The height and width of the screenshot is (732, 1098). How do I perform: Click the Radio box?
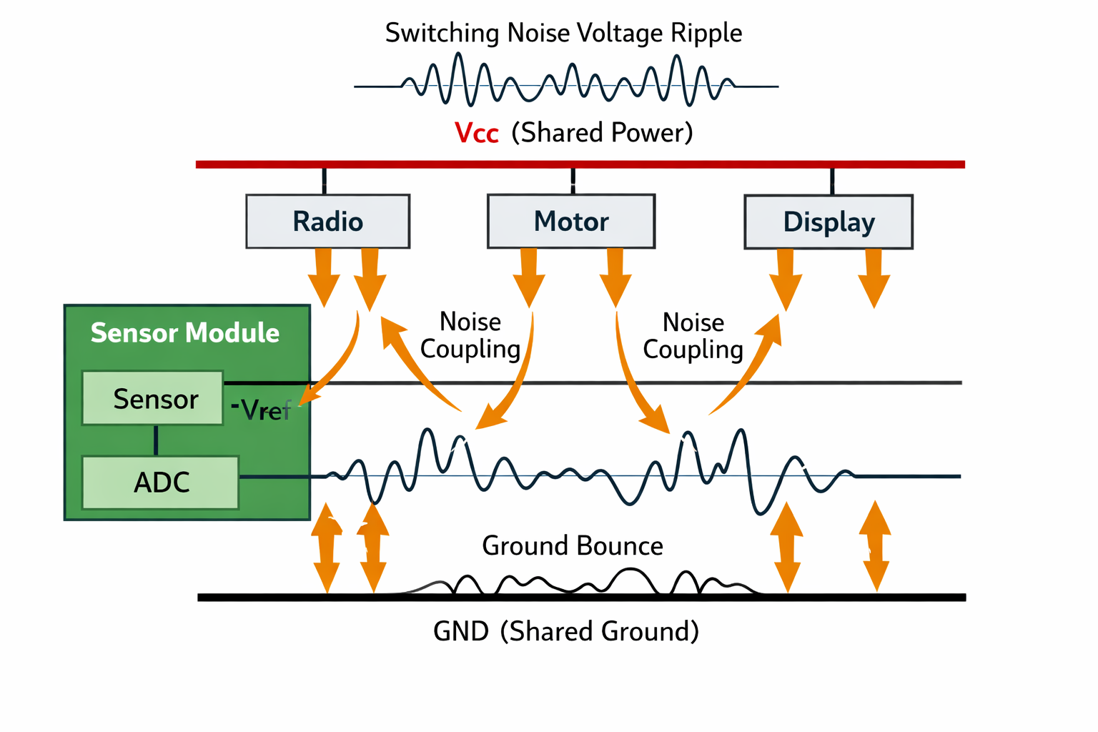point(327,222)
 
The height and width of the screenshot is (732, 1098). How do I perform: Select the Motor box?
point(570,222)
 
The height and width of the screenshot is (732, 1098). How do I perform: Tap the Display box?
point(829,222)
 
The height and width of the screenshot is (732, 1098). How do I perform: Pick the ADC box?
point(161,483)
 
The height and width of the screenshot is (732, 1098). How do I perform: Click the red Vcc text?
point(476,134)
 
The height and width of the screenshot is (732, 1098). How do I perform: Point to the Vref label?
point(262,410)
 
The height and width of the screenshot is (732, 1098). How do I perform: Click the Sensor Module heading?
point(184,333)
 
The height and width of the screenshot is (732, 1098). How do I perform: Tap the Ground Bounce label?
point(572,546)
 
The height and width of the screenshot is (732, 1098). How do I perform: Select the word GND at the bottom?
point(461,632)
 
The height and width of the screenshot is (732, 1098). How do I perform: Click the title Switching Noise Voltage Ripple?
point(563,34)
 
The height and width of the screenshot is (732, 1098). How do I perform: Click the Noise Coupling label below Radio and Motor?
point(470,335)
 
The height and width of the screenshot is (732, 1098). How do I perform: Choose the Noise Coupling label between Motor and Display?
point(693,336)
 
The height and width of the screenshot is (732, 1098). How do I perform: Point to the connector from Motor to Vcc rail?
point(573,180)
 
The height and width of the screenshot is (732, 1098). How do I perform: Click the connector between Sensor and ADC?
point(156,440)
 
